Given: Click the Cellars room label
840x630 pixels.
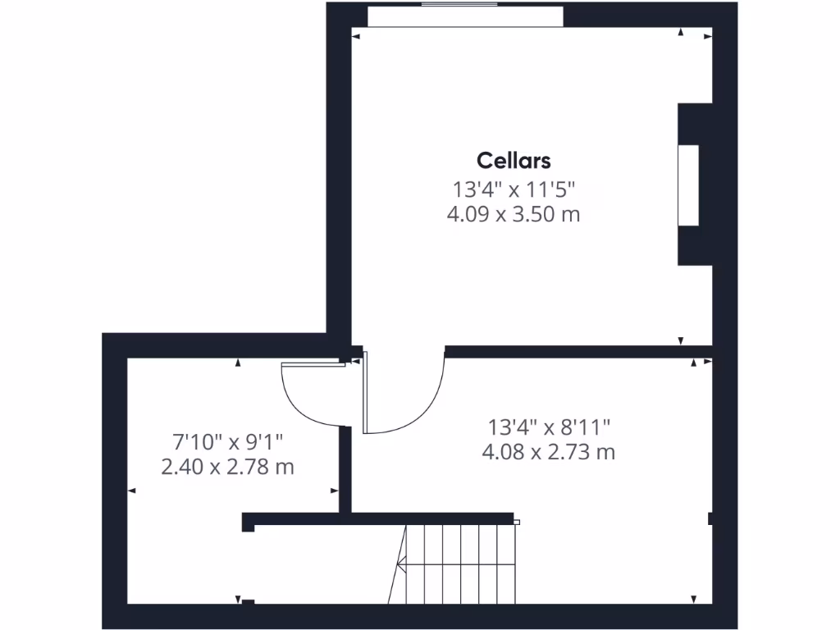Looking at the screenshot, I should (514, 161).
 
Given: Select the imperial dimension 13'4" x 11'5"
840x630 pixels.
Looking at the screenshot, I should (514, 189).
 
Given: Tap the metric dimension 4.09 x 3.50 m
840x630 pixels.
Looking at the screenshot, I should (514, 215).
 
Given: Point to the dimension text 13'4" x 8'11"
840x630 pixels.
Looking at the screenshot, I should (549, 427).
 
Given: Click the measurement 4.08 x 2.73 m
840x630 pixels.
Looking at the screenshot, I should (549, 452).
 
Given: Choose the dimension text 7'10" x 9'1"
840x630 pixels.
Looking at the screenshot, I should (227, 442).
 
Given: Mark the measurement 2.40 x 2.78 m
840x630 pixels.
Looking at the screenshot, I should (227, 468).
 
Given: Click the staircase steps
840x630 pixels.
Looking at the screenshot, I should (455, 564).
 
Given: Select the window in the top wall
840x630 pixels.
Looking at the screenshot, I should (464, 16).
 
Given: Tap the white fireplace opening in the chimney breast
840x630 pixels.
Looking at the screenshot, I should (687, 185).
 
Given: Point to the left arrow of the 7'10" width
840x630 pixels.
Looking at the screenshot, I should (132, 491).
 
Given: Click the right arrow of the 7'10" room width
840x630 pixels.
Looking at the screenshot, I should (334, 491).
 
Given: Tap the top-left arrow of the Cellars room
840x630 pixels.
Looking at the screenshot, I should (355, 35).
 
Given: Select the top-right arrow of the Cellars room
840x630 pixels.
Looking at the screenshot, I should (708, 35).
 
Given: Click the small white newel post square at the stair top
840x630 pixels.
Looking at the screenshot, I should (516, 522).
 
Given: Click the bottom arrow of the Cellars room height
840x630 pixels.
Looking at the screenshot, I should (680, 340).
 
